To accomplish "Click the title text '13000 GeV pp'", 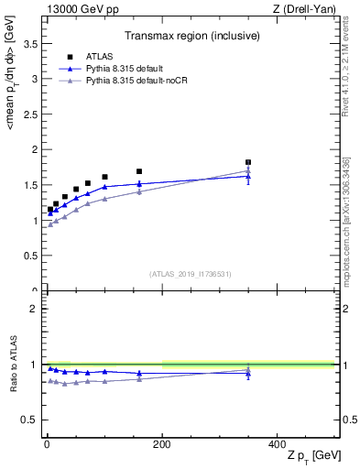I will [x=78, y=10].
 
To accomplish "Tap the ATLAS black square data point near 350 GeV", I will [x=247, y=162].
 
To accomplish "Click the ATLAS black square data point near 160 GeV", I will [x=139, y=171].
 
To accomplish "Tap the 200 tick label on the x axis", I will [x=162, y=444].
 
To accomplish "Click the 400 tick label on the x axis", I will [x=277, y=444].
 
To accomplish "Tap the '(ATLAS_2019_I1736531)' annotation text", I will [x=191, y=273].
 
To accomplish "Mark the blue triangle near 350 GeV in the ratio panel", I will [x=247, y=374].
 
